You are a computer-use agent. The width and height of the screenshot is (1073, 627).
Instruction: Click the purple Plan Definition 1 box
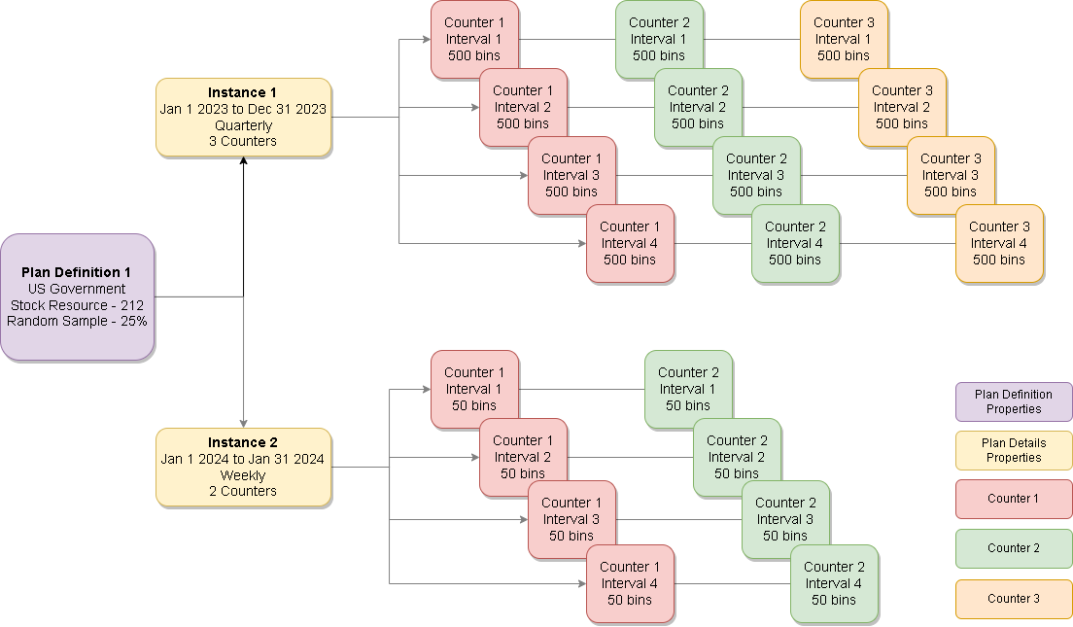pyautogui.click(x=77, y=296)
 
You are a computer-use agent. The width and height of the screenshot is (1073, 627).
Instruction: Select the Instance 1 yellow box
pyautogui.click(x=243, y=117)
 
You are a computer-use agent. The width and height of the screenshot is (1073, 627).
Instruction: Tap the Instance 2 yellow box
pyautogui.click(x=243, y=467)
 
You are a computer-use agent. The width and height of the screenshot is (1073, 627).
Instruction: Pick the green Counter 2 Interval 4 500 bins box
pyautogui.click(x=795, y=243)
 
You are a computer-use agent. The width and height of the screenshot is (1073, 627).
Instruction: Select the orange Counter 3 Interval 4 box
pyautogui.click(x=999, y=243)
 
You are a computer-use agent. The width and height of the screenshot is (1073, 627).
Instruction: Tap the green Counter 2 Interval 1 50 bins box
pyautogui.click(x=688, y=389)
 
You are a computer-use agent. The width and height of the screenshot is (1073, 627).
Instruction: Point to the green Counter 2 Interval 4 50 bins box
pyautogui.click(x=834, y=583)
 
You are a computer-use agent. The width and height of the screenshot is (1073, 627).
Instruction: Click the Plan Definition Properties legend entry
pyautogui.click(x=1014, y=401)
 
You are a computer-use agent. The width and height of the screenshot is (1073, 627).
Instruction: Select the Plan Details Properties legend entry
pyautogui.click(x=1014, y=450)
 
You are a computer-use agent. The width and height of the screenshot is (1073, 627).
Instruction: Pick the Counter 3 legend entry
pyautogui.click(x=1014, y=599)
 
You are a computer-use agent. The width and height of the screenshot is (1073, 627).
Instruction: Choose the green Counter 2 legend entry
pyautogui.click(x=1014, y=548)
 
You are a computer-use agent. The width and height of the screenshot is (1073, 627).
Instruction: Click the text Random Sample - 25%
pyautogui.click(x=77, y=321)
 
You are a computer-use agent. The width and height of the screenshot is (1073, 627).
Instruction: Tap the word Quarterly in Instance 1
pyautogui.click(x=243, y=125)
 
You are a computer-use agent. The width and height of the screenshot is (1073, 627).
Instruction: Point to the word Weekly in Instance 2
pyautogui.click(x=243, y=475)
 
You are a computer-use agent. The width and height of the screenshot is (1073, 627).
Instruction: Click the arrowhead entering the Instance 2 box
pyautogui.click(x=243, y=423)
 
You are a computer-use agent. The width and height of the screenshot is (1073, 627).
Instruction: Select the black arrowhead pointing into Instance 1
pyautogui.click(x=243, y=161)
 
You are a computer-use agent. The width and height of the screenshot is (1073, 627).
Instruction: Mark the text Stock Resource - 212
pyautogui.click(x=77, y=305)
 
